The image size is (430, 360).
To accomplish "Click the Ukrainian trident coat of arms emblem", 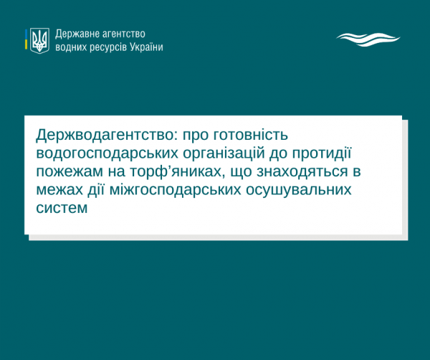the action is click(x=39, y=40).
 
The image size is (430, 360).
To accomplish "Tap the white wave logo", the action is click(x=368, y=39).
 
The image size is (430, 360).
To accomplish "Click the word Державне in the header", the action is click(x=77, y=34).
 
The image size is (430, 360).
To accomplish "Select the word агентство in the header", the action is click(x=123, y=34).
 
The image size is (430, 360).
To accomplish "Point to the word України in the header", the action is click(x=146, y=47).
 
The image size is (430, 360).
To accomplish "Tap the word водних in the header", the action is click(x=71, y=47).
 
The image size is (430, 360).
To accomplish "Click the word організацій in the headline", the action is click(x=224, y=153).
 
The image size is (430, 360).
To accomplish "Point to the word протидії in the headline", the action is click(x=322, y=153).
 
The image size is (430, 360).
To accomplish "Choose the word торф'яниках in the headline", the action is click(x=177, y=171).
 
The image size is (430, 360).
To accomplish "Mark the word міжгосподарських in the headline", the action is click(x=176, y=190).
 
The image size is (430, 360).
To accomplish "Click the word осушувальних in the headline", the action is click(x=298, y=190).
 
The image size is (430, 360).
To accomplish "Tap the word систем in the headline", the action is click(x=62, y=208).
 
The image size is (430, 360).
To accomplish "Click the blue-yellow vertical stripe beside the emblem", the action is click(x=26, y=39).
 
